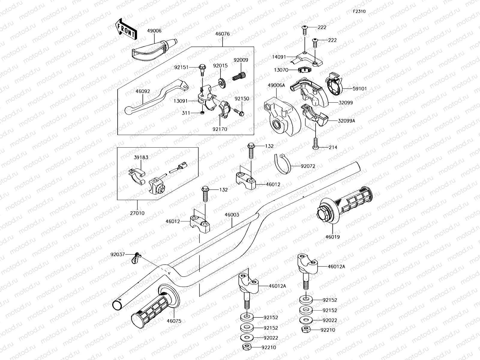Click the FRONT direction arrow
126,29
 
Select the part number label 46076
222,34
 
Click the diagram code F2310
359,11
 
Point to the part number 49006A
276,85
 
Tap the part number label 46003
232,215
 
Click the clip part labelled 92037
136,257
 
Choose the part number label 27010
137,213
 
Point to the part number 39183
141,157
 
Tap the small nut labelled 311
202,113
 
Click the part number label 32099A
346,121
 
